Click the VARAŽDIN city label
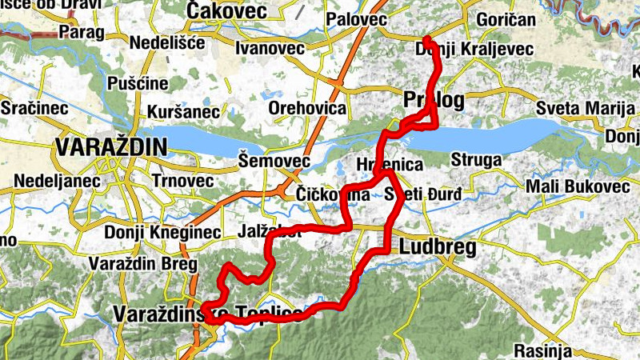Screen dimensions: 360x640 [111, 147]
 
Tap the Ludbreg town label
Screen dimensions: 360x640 [437, 247]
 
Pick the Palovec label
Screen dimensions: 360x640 [357, 18]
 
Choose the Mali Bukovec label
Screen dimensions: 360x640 [573, 186]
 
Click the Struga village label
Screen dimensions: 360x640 [476, 160]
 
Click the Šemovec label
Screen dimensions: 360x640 [274, 162]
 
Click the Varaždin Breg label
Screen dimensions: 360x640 [137, 263]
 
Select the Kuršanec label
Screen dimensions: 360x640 [183, 111]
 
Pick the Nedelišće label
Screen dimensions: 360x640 [169, 42]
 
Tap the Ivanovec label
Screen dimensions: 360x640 [270, 49]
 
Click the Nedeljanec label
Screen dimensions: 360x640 [50, 181]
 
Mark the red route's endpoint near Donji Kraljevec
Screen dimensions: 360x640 [426, 39]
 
